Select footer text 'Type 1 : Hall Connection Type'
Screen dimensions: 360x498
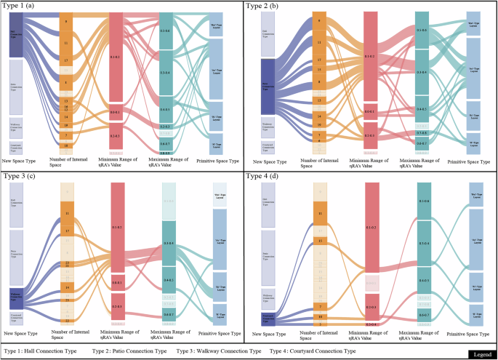(x=41, y=350)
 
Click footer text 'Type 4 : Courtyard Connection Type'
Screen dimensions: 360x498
(x=313, y=350)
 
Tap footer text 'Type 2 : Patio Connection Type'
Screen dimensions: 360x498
(x=130, y=350)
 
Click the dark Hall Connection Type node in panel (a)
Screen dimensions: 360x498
(x=16, y=33)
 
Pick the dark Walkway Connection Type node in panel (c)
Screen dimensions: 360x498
(x=16, y=295)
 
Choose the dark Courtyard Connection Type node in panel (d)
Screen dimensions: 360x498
(x=265, y=315)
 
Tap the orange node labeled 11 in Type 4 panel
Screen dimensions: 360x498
(x=321, y=212)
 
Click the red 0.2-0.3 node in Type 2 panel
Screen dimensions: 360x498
(x=371, y=135)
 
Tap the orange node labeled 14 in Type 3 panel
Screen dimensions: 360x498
(x=67, y=287)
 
